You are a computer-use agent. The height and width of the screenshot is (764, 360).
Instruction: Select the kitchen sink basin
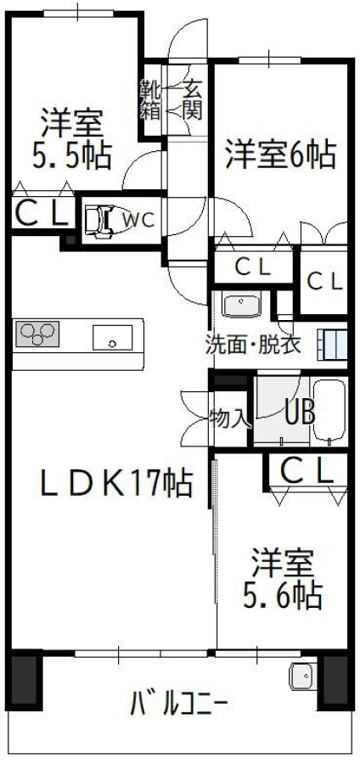pyautogui.click(x=113, y=338)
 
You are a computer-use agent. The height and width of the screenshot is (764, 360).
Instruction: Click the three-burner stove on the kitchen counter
pyautogui.click(x=37, y=334)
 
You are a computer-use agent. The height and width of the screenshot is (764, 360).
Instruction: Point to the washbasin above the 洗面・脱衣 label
pyautogui.click(x=241, y=305)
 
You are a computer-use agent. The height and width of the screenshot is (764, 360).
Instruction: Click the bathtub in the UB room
pyautogui.click(x=329, y=411)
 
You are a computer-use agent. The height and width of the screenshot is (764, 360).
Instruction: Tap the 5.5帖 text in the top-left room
pyautogui.click(x=72, y=154)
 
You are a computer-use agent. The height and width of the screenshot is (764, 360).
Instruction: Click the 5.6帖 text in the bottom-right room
pyautogui.click(x=283, y=594)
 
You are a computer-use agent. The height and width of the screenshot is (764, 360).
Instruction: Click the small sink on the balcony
pyautogui.click(x=303, y=677)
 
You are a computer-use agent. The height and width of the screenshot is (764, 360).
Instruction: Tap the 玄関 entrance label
pyautogui.click(x=192, y=100)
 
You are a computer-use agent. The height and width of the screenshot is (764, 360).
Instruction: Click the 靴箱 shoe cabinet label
pyautogui.click(x=150, y=100)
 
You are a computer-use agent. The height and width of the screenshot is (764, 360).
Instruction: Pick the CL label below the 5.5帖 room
pyautogui.click(x=42, y=214)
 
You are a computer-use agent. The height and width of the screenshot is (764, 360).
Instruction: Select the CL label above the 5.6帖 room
pyautogui.click(x=307, y=470)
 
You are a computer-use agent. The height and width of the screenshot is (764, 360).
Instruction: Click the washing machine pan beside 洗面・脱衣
pyautogui.click(x=332, y=345)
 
